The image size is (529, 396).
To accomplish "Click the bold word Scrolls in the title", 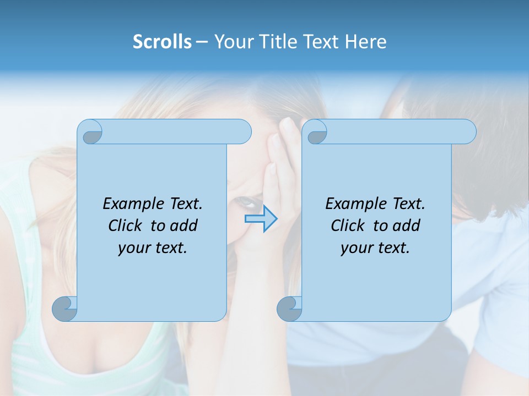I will [x=162, y=42].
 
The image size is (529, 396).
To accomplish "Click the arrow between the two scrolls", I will [x=261, y=219].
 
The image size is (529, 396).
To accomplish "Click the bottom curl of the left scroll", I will [x=65, y=308].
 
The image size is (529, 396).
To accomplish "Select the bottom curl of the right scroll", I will [x=289, y=308].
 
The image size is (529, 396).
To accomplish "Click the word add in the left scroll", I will [x=185, y=226].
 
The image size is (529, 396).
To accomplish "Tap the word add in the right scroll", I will [x=407, y=226].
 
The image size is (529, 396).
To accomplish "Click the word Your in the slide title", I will [x=230, y=42].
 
